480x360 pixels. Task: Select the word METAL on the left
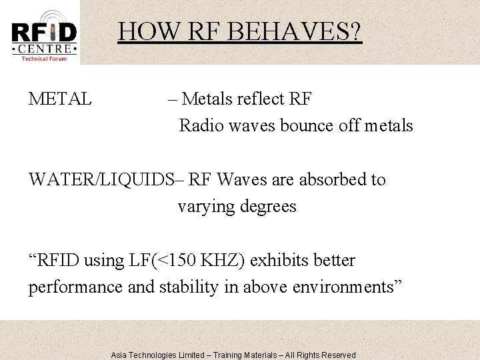pos(60,99)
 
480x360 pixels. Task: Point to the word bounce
pos(297,125)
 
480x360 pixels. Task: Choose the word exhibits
pos(280,261)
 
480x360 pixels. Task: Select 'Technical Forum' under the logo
pos(44,58)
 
